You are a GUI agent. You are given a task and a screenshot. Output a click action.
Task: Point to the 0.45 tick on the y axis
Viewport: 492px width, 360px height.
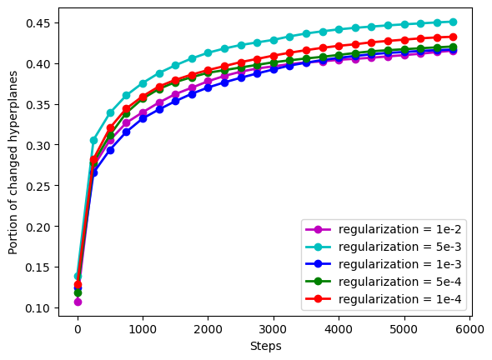(x=42, y=22)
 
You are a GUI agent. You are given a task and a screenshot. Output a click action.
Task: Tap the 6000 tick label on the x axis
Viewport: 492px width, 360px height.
(x=469, y=330)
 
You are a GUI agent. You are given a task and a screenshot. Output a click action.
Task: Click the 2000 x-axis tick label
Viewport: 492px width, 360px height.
(x=208, y=330)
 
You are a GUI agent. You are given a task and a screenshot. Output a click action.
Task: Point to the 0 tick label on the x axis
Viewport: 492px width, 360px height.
(x=78, y=330)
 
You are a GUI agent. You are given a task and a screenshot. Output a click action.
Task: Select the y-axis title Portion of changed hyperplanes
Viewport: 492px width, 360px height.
(x=13, y=167)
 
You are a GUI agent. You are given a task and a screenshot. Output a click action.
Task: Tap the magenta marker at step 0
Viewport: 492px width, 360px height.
(x=78, y=302)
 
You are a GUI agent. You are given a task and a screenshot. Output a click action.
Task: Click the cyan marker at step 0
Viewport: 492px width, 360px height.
(x=78, y=276)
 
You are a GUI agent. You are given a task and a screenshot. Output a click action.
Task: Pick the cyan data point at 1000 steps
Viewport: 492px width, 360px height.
(x=143, y=83)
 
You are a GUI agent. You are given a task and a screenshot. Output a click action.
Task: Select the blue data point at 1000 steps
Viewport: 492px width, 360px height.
(x=143, y=118)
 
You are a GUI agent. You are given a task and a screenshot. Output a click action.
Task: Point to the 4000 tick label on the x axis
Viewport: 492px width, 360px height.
(x=339, y=330)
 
